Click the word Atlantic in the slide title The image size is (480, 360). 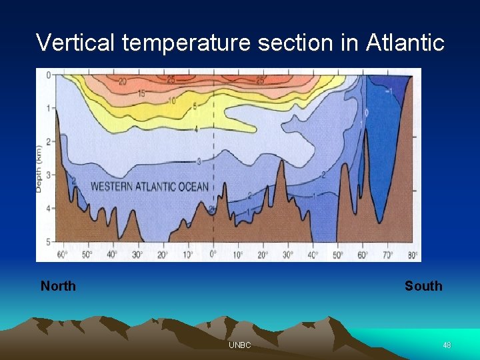[x=405, y=43]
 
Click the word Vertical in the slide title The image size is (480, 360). [x=77, y=43]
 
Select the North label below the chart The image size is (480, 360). [x=58, y=286]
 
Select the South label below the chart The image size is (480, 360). [x=423, y=286]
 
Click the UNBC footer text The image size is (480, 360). [x=239, y=345]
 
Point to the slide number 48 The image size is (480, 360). [x=447, y=345]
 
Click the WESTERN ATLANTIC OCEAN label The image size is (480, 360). [x=149, y=187]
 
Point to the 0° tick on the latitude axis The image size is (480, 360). [x=213, y=255]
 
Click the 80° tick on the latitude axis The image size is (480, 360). [x=413, y=255]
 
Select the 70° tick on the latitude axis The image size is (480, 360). [x=388, y=255]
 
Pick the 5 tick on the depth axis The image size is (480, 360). [x=47, y=241]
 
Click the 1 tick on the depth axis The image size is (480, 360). [x=47, y=108]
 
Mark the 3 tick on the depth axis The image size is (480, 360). [x=47, y=175]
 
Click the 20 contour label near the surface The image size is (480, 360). [x=123, y=82]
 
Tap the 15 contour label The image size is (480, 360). [x=141, y=94]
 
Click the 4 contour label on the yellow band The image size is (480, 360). [x=195, y=129]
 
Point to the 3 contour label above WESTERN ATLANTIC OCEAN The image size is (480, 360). [x=199, y=161]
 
